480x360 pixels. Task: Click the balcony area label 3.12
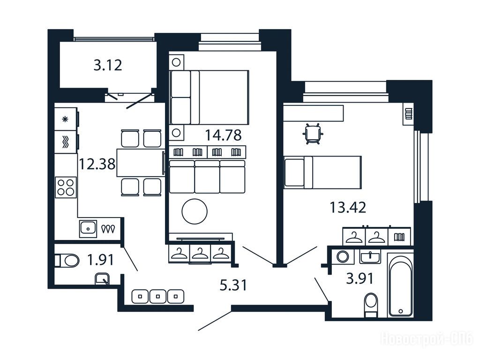point(108,65)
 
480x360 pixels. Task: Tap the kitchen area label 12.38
point(97,164)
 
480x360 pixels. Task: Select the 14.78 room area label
point(223,135)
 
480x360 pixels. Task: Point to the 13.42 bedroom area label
point(348,207)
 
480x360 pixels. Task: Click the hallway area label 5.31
point(233,285)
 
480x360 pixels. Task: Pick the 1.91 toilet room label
point(100,260)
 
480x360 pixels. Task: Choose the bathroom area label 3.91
point(360,278)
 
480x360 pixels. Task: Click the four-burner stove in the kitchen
point(66,187)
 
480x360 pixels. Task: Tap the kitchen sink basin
point(88,229)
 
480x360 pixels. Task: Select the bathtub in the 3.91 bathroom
point(401,286)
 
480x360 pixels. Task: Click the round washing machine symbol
point(343,256)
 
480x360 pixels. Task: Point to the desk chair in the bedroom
point(313,134)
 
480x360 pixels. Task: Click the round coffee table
point(195,211)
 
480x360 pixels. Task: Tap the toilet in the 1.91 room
point(67,261)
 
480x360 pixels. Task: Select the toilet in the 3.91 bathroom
point(371,305)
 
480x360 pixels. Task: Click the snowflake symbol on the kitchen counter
point(65,119)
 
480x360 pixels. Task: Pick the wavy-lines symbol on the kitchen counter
point(65,142)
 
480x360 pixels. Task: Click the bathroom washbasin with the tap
point(370,256)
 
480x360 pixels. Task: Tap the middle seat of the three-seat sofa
point(207,177)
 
